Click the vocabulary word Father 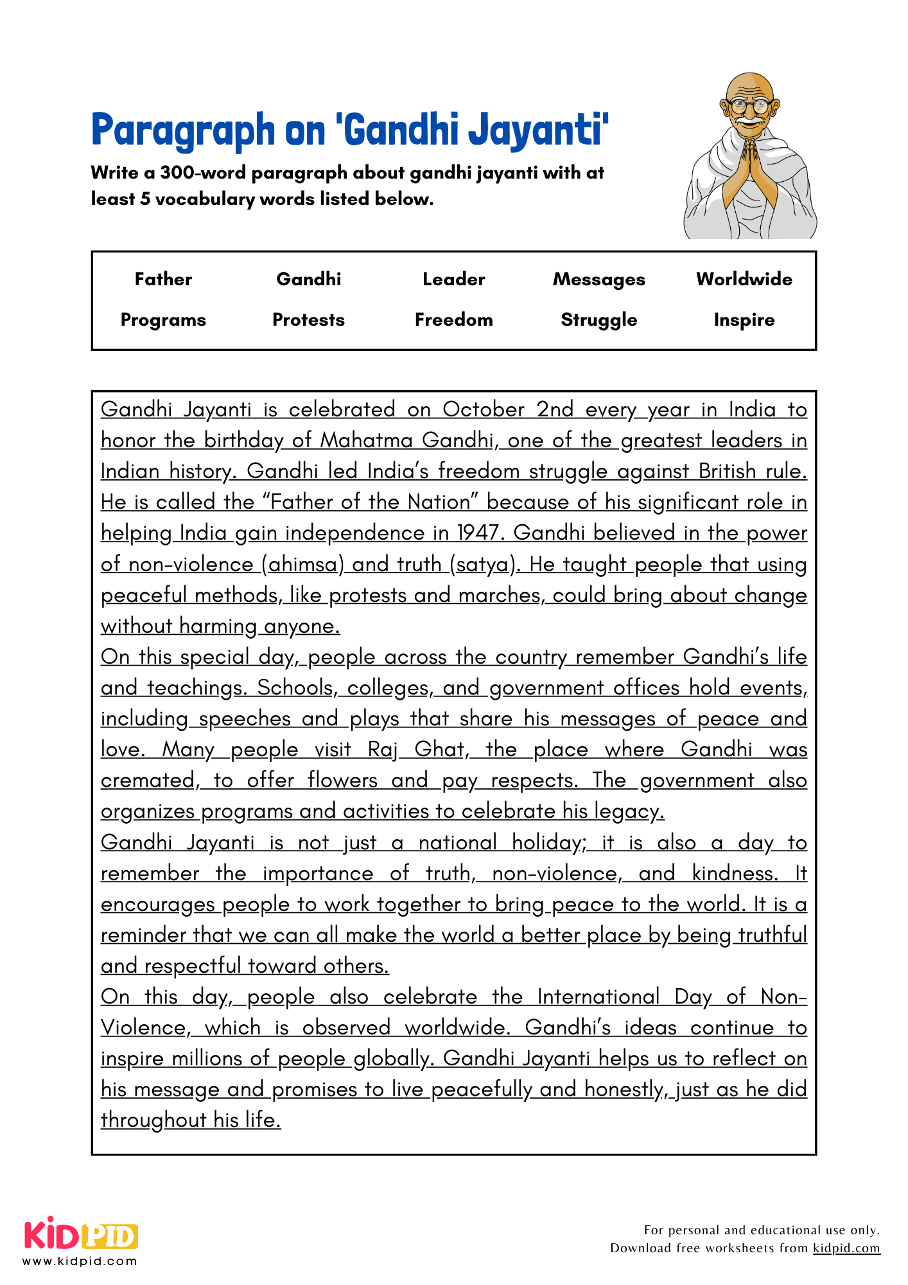(x=163, y=279)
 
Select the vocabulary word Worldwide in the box (x=744, y=279)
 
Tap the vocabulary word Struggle (x=598, y=320)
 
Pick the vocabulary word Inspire (x=744, y=320)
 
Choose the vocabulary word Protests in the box (x=308, y=320)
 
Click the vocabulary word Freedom (x=453, y=320)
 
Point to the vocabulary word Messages (x=598, y=279)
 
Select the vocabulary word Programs (x=163, y=320)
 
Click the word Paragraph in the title (x=182, y=130)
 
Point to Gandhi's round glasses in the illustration (x=749, y=105)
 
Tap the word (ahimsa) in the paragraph (x=302, y=565)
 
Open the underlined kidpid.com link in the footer (x=846, y=1248)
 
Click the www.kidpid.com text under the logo (x=80, y=1261)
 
